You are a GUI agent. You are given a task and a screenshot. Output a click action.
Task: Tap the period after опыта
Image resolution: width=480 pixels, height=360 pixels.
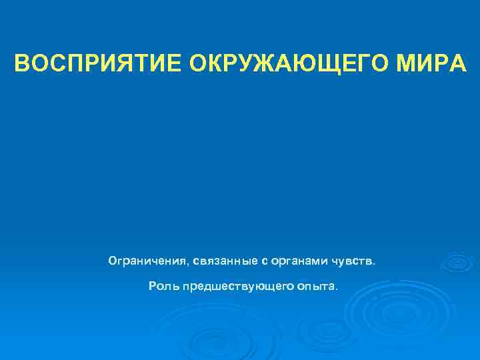click(337, 289)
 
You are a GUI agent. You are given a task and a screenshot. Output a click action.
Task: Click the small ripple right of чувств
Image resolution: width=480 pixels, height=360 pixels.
click(457, 263)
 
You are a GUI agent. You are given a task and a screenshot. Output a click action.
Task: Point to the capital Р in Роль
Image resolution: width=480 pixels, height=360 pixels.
click(153, 286)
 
